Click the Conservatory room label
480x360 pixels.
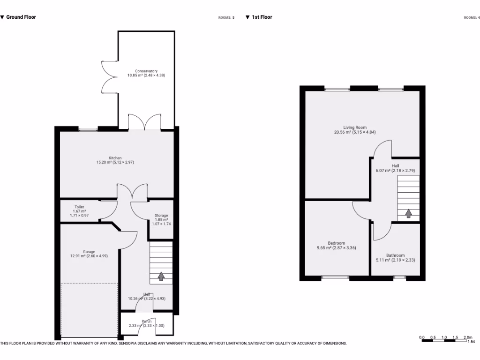[x=146, y=71]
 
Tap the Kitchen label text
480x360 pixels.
[x=115, y=158]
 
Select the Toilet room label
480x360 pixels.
[x=79, y=207]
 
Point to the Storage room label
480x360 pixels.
[x=161, y=216]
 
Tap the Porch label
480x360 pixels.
[x=147, y=322]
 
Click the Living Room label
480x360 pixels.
[x=354, y=127]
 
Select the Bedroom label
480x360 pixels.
[x=336, y=243]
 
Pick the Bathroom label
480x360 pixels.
[x=395, y=255]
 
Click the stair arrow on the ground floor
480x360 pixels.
[x=161, y=276]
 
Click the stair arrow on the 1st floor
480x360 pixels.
[x=408, y=213]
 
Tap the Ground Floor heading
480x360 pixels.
[x=21, y=17]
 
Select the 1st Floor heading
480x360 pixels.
[x=262, y=17]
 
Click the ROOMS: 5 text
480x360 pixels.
[x=226, y=17]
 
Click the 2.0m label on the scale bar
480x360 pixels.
[x=467, y=337]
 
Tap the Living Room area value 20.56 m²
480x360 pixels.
[x=343, y=132]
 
